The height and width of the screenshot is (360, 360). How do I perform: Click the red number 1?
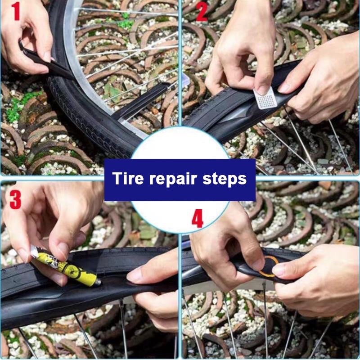pos(16,11)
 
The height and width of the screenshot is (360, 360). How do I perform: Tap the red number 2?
pos(202,12)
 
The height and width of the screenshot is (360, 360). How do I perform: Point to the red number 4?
pos(198,219)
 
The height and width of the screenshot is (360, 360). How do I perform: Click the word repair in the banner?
pos(173,179)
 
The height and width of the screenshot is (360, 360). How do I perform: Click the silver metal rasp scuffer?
pos(265,98)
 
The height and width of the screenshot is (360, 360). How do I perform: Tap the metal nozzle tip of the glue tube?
pos(98,283)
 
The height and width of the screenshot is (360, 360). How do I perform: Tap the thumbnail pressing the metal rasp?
pos(263,90)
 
